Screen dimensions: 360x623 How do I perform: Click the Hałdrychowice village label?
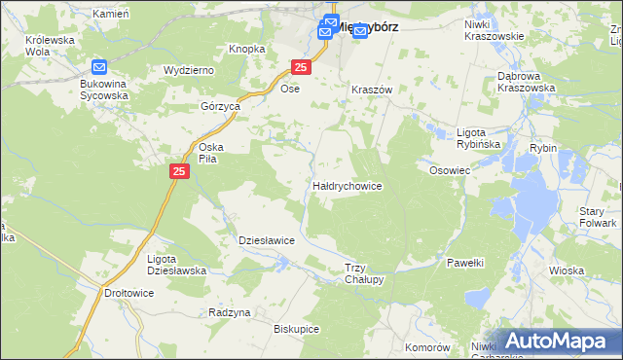tap(347, 185)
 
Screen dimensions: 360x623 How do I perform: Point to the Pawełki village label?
tap(465, 263)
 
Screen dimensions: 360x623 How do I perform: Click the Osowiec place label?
tap(450, 169)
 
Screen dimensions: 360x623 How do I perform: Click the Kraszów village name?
tap(371, 89)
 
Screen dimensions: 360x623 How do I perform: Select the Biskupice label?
tap(297, 329)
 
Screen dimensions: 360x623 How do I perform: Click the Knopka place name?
tap(247, 49)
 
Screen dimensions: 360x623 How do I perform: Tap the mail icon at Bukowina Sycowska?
tap(99, 67)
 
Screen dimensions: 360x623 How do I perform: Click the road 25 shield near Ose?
tap(301, 66)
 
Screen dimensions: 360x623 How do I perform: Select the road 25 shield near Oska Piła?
tap(179, 171)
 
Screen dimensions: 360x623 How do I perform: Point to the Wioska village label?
tap(567, 270)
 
